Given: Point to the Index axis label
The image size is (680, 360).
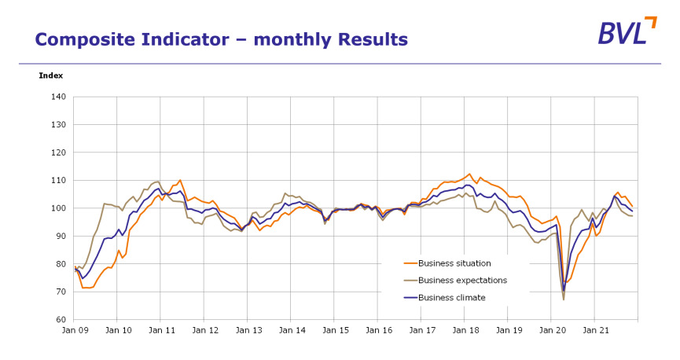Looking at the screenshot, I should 50,75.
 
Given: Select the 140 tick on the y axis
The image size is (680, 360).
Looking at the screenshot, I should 58,97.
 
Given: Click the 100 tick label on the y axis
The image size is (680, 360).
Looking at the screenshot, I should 58,208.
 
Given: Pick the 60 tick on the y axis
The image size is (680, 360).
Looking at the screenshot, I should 61,320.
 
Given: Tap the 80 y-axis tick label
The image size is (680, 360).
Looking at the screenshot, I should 61,264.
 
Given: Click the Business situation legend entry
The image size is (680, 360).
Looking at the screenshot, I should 454,263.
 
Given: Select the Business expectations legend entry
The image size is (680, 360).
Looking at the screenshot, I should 462,281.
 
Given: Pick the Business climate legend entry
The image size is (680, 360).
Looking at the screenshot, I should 451,298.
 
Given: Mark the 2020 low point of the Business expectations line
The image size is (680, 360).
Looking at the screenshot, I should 564,299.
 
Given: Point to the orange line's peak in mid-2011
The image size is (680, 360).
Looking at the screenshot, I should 180,180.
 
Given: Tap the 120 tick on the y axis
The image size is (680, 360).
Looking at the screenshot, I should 58,152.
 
